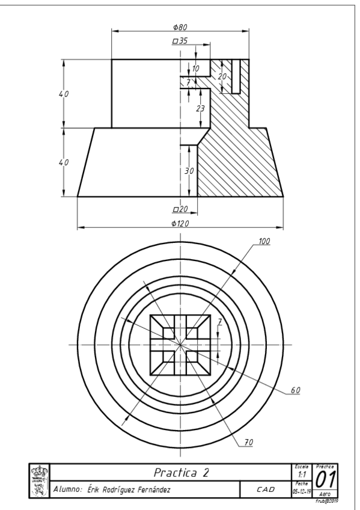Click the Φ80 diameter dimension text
[180, 26]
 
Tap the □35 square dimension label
[180, 41]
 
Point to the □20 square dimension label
[180, 209]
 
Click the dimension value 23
[201, 108]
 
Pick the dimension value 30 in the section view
[189, 171]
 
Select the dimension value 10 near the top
[195, 69]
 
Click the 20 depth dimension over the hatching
[222, 77]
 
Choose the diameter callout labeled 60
[295, 390]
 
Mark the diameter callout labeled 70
[248, 442]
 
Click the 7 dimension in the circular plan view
[219, 322]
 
